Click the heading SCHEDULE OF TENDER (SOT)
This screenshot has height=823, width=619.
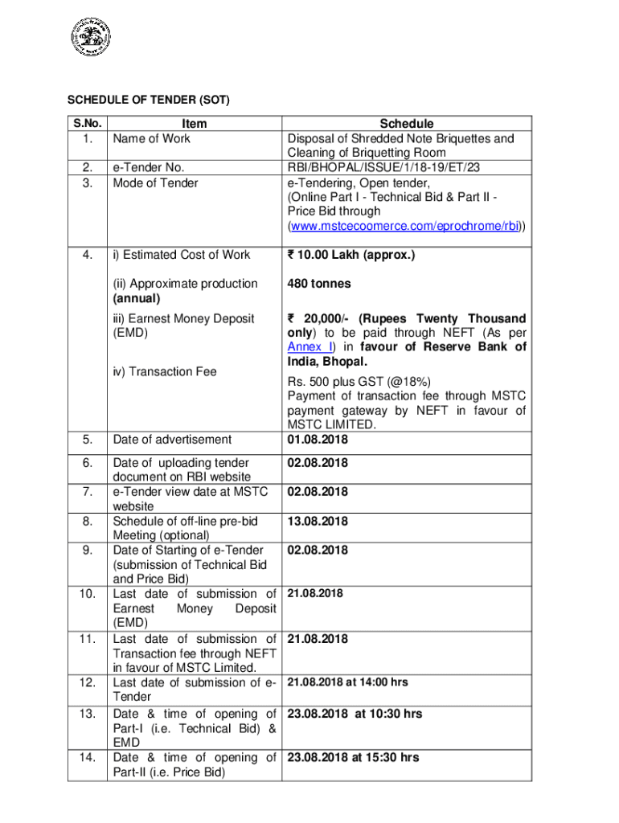[x=137, y=100]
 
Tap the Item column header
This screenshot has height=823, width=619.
[x=194, y=124]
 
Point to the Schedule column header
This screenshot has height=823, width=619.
[x=407, y=124]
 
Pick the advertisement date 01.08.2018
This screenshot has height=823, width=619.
[x=318, y=440]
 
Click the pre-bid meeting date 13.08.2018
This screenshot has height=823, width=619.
[x=318, y=522]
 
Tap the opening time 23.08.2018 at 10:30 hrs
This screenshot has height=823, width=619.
[x=355, y=714]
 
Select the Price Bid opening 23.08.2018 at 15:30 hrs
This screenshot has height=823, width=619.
[x=353, y=757]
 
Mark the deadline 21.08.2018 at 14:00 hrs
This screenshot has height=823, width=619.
[x=347, y=682]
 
